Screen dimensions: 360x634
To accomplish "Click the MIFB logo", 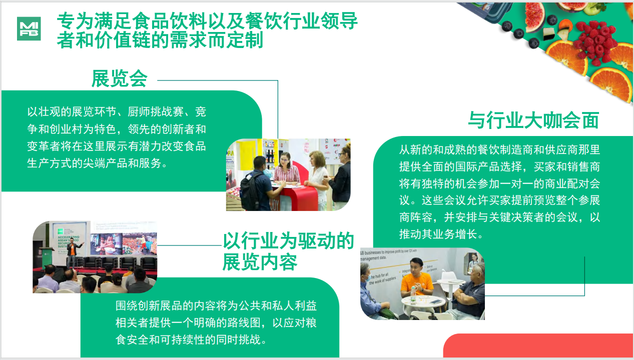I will pos(29,29).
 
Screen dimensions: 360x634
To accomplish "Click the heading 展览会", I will pos(119,78).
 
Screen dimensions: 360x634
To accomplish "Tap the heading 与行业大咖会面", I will pos(533,120).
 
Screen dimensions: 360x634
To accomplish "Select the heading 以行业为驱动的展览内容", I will pos(288,251).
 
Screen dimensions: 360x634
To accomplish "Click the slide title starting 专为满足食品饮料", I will pos(207,30).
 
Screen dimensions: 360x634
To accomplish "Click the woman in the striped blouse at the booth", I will pos(286,175).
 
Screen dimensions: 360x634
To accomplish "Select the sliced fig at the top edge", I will pos(535,10).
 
